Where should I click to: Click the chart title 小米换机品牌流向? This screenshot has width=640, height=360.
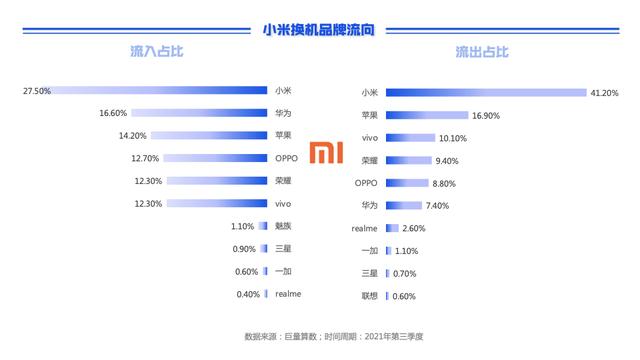click(319, 31)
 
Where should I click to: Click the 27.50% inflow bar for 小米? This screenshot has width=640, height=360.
click(161, 91)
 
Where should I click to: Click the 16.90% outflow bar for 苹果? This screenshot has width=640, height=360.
click(427, 116)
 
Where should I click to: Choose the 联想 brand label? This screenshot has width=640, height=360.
click(369, 296)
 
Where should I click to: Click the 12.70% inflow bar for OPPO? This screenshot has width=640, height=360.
click(216, 158)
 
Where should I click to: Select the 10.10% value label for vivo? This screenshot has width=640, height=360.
click(452, 138)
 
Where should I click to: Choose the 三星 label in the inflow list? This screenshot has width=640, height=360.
click(284, 248)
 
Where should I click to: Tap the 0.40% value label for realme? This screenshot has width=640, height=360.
click(247, 294)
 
